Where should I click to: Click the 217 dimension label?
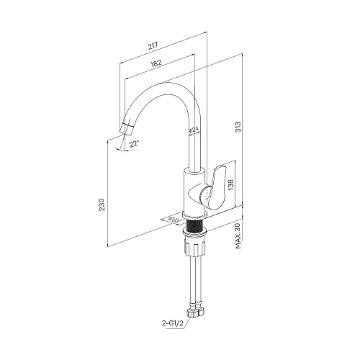153,46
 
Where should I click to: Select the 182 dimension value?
156,63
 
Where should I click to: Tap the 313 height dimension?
238,127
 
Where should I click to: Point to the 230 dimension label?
102,204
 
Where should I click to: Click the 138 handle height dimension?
230,184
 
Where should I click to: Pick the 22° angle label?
134,145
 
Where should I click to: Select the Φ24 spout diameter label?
194,130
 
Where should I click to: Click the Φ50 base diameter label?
173,220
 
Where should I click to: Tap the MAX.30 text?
238,235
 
